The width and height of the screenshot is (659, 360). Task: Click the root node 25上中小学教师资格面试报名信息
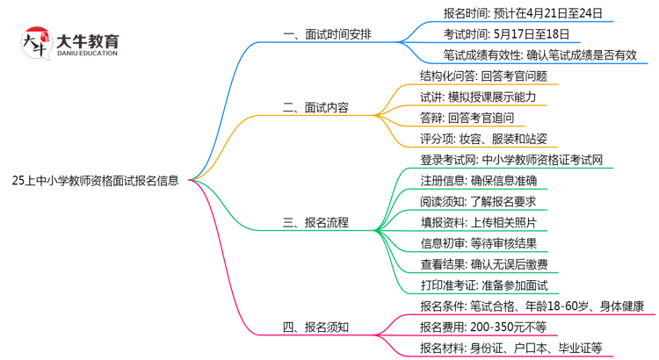pyautogui.click(x=96, y=182)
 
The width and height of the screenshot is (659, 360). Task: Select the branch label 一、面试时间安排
pyautogui.click(x=327, y=34)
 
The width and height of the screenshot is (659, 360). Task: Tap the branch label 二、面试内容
pyautogui.click(x=315, y=108)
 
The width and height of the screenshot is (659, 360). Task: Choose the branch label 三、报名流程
pyautogui.click(x=315, y=223)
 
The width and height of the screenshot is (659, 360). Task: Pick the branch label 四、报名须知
pyautogui.click(x=315, y=328)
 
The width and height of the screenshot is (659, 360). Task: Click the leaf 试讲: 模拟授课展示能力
pyautogui.click(x=478, y=97)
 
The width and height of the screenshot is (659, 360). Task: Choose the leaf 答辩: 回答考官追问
pyautogui.click(x=467, y=118)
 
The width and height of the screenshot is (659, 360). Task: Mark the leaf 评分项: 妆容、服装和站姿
pyautogui.click(x=483, y=139)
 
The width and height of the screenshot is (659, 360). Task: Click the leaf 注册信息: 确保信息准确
pyautogui.click(x=478, y=181)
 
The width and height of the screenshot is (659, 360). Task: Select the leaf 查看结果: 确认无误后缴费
pyautogui.click(x=483, y=264)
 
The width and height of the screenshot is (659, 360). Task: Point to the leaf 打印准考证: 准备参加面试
pyautogui.click(x=483, y=285)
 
